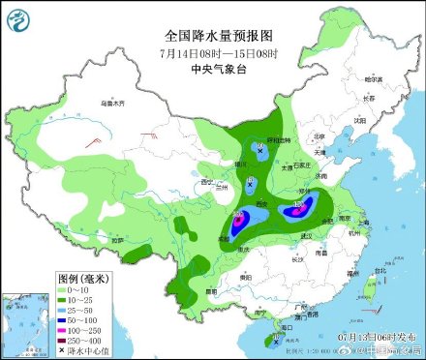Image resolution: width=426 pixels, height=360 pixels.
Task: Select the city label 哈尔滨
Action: [371, 77]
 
